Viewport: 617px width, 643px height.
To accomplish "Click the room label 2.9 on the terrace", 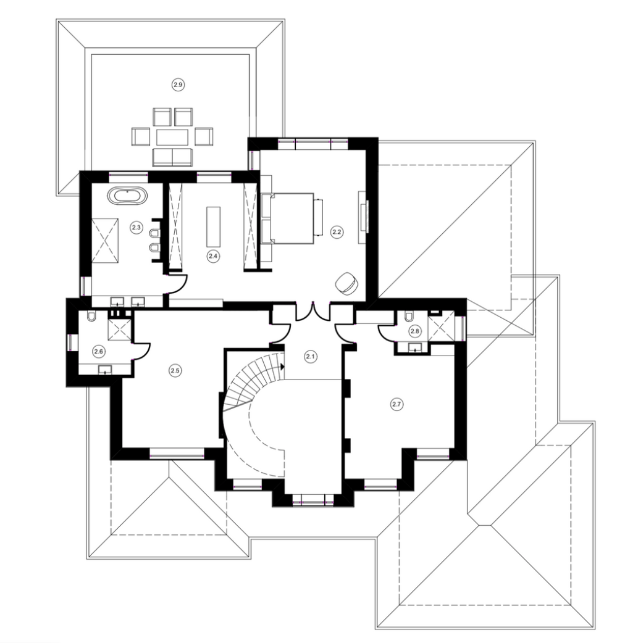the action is (178, 85).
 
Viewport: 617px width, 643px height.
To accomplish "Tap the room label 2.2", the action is (337, 231).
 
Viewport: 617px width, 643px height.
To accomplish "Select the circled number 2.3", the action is (136, 226).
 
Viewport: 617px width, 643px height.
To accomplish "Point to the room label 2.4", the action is (212, 256).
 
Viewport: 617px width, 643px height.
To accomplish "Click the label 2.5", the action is (175, 371).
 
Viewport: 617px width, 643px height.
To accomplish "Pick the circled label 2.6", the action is (98, 352).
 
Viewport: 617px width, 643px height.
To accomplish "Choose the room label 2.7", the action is (397, 404).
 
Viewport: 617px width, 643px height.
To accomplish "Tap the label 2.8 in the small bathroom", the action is (414, 331).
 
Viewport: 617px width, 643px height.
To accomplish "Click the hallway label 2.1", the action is (310, 356).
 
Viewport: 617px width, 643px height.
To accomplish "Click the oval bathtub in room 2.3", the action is (127, 195).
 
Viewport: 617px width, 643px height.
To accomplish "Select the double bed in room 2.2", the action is (292, 218).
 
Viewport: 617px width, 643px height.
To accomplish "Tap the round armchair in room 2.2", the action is (346, 283).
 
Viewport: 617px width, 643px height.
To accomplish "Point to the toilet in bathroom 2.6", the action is (91, 316).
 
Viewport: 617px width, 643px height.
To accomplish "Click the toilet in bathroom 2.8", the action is (409, 317).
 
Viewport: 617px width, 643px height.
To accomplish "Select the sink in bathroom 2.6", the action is (106, 370).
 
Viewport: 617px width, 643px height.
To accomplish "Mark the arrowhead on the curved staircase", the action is (282, 366).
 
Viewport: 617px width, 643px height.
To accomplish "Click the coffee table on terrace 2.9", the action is (172, 137).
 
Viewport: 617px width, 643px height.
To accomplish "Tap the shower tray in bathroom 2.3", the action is (104, 240).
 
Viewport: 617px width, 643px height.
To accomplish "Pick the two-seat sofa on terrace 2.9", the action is (172, 157).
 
